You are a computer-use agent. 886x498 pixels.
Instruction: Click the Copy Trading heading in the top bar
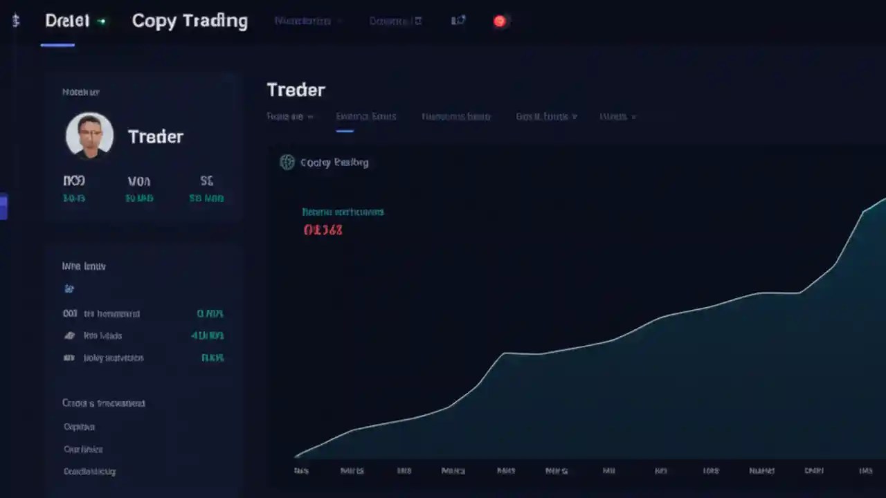[190, 21]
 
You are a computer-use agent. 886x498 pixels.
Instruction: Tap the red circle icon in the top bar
[499, 21]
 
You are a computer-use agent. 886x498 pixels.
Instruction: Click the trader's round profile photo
[89, 135]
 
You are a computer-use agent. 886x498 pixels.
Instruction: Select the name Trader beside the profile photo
[156, 136]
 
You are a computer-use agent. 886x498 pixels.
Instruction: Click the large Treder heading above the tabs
[296, 90]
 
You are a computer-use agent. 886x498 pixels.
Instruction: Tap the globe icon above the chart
[287, 163]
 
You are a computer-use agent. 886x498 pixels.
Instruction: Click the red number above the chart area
[323, 230]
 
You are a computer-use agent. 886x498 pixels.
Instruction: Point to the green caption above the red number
[343, 212]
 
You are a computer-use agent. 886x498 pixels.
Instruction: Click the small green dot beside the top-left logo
[102, 21]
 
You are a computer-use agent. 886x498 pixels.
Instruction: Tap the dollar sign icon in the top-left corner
[15, 21]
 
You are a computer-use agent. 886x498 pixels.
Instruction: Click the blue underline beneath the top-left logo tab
[57, 45]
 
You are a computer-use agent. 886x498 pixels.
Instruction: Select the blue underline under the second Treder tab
[345, 130]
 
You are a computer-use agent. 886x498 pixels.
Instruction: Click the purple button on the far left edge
[3, 207]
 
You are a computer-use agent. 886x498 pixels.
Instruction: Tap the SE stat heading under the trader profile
[206, 181]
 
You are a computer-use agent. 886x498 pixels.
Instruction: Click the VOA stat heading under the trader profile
[138, 181]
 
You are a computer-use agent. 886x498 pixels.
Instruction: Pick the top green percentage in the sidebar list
[210, 313]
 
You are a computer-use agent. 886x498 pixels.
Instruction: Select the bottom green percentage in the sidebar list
[212, 358]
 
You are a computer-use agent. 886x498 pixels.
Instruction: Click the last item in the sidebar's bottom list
[89, 471]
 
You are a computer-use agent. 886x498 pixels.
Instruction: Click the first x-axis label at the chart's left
[300, 470]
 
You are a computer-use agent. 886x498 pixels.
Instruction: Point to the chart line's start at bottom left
[296, 456]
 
